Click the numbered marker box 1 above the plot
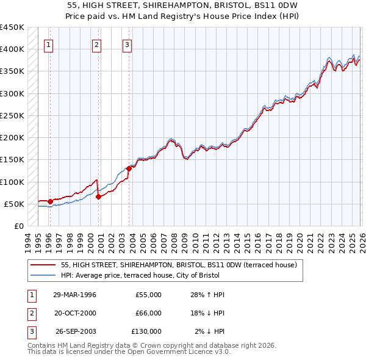coord(48,44)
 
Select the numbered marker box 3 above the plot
coord(127,44)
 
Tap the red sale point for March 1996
coord(49,201)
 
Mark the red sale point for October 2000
coord(98,196)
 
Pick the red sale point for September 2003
coord(129,168)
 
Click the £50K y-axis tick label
coord(15,204)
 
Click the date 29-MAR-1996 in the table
coord(75,295)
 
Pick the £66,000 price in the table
coord(148,313)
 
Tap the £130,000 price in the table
coord(146,331)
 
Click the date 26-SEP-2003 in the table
coord(75,331)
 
